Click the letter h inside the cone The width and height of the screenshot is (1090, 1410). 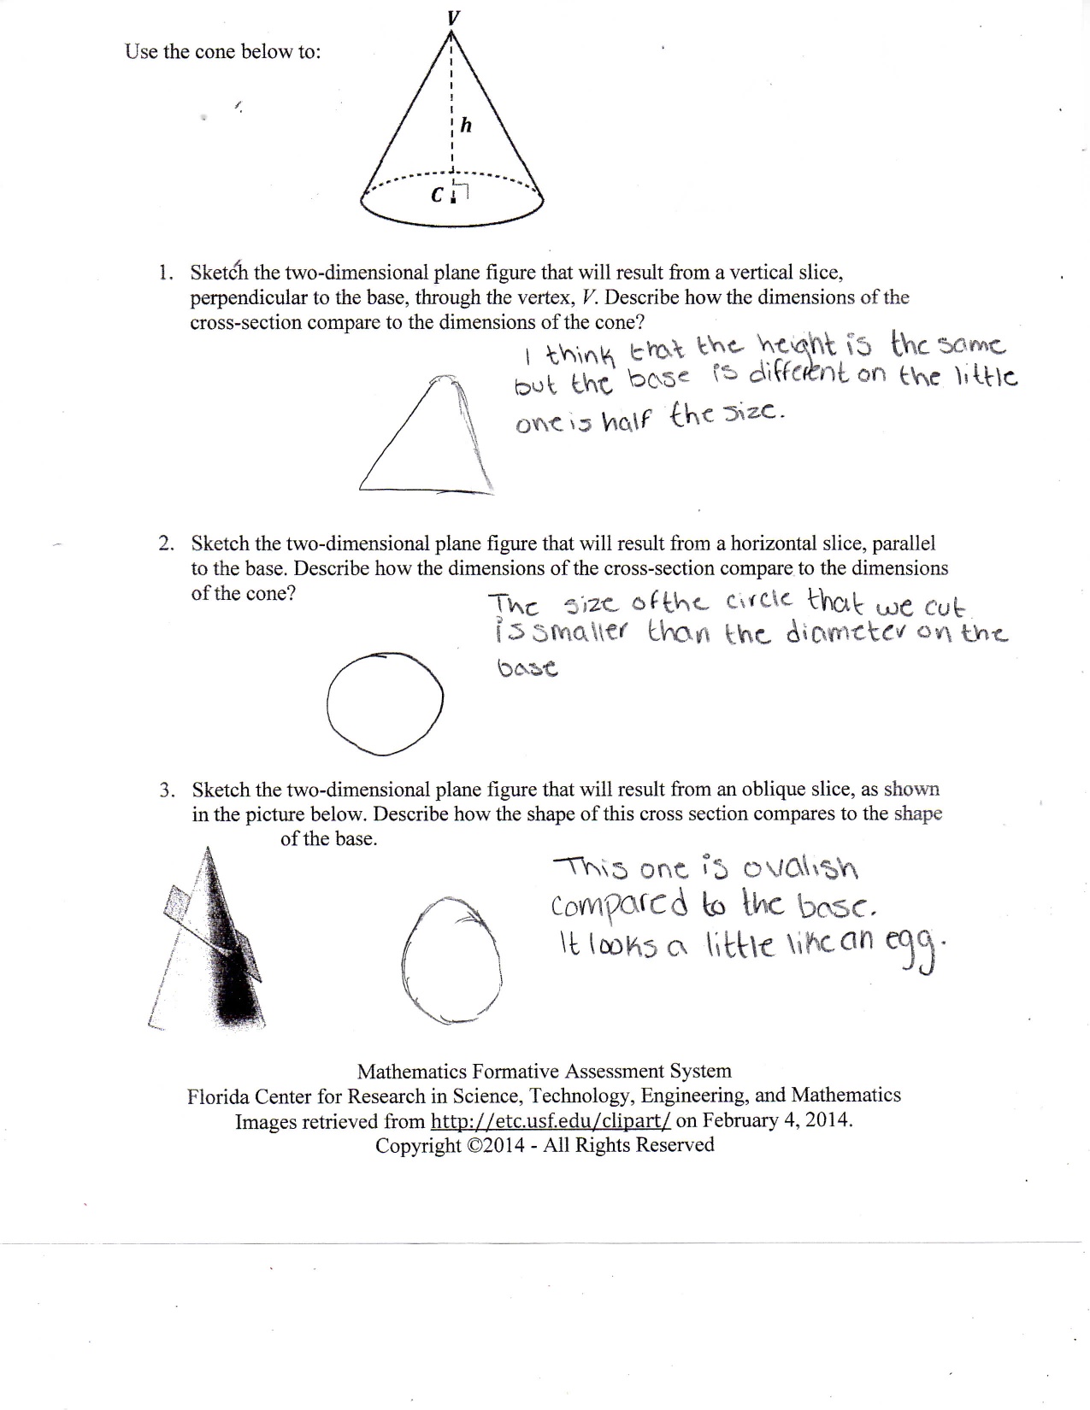466,126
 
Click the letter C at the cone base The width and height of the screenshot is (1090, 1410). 437,196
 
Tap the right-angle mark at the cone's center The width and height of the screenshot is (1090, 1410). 461,194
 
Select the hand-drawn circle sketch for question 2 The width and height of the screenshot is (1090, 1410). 386,704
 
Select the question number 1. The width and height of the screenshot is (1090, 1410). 164,273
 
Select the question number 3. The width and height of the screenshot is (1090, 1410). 166,790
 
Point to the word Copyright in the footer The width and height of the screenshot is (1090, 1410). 417,1145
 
